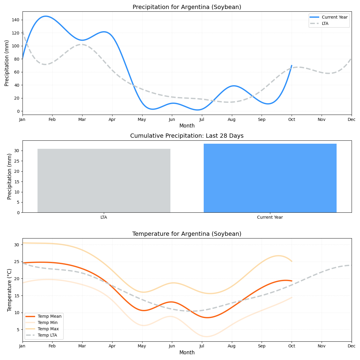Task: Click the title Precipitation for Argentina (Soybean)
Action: tap(187, 7)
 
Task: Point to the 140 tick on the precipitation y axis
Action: tap(16, 20)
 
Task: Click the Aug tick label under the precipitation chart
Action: tap(232, 119)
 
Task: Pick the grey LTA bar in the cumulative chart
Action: tap(104, 181)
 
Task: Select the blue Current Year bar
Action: tap(270, 178)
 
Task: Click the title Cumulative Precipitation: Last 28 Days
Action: tap(187, 136)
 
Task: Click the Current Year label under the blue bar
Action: tap(270, 217)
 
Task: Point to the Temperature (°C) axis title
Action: tap(10, 290)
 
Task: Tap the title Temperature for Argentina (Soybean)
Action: tap(187, 234)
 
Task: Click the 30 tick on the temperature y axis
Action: tap(17, 245)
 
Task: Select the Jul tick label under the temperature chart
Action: tap(202, 346)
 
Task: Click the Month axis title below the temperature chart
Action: tap(187, 352)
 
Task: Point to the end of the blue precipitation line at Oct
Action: tap(292, 65)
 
